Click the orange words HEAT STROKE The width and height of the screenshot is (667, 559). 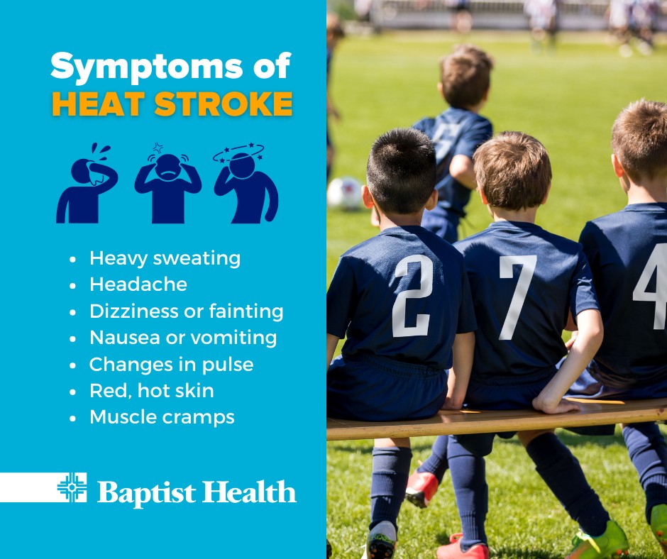coord(172,104)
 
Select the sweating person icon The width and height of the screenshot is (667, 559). coord(87,183)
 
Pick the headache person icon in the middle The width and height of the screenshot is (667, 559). coord(168,183)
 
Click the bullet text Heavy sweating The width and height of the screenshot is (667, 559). coord(165,259)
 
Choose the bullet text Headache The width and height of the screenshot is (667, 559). coord(138,284)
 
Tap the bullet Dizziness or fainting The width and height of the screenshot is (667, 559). coord(187,311)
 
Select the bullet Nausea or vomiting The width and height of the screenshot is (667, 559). coord(183,338)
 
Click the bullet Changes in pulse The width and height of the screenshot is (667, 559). coord(172,365)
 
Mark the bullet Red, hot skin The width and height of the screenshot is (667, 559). coord(151,391)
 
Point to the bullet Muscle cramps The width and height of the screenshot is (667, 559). coord(162,417)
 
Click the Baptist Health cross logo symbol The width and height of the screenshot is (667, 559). coord(72,487)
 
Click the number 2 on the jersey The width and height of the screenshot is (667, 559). coord(412,296)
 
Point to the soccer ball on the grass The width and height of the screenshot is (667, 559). coord(345,193)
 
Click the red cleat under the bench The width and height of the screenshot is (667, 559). coord(421,489)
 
